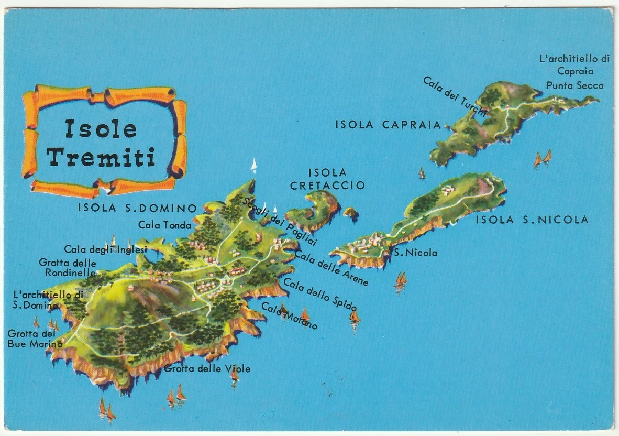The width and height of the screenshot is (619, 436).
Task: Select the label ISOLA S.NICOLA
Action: tap(532, 220)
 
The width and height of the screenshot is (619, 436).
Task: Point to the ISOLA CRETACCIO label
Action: tap(327, 179)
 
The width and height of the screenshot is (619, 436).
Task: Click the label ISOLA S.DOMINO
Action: tap(137, 208)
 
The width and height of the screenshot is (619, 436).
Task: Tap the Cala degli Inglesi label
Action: tap(105, 249)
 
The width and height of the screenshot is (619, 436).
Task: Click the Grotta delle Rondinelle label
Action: tap(68, 267)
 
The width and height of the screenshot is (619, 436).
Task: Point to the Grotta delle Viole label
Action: tap(207, 368)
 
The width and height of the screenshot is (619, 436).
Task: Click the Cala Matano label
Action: tap(289, 316)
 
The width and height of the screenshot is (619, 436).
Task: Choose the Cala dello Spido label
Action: tap(320, 294)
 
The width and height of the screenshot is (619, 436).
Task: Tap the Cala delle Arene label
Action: tap(331, 268)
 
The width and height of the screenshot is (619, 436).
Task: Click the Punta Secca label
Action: tap(574, 85)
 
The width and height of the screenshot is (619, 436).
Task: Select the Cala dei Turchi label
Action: tap(455, 96)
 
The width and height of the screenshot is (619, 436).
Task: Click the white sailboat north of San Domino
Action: tap(254, 166)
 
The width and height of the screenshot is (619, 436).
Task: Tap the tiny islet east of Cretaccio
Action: tap(350, 212)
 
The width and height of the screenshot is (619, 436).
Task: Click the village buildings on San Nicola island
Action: tap(367, 244)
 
